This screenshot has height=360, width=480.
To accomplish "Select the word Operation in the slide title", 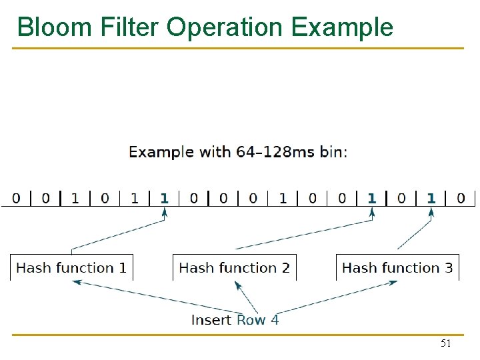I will tap(225, 27).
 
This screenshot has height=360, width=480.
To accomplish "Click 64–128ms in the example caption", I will tap(275, 152).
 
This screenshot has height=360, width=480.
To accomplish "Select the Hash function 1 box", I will tap(71, 267).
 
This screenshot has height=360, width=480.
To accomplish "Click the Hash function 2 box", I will tap(235, 267).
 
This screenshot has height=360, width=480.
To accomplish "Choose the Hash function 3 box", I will tap(397, 267).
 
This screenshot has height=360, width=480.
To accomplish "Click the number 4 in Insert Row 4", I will tap(275, 320).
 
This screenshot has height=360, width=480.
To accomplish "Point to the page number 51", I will tap(446, 344).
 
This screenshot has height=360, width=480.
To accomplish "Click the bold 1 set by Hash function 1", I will tap(165, 198).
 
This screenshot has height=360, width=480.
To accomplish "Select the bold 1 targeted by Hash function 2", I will tap(372, 198).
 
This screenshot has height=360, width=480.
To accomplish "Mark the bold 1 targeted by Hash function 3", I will tap(431, 198).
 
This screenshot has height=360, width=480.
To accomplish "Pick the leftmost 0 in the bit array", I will tap(16, 198).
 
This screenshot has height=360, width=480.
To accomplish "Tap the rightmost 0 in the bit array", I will tap(461, 198).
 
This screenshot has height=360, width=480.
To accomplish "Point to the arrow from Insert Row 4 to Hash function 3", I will tap(340, 297).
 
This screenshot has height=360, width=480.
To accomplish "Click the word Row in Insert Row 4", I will tap(251, 320).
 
